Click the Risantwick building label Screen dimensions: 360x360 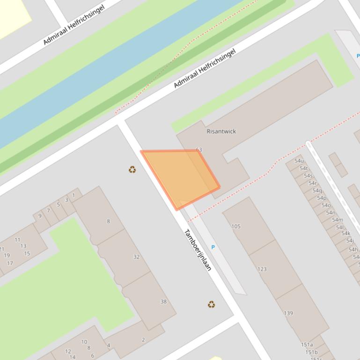tap(221, 131)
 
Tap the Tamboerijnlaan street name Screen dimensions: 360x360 tap(198, 250)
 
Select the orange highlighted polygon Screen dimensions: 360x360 tap(180, 175)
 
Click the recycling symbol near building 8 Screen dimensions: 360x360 tap(132, 169)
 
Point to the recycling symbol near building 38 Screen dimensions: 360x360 tap(212, 304)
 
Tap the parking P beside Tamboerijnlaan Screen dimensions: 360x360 tap(213, 247)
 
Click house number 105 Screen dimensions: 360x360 tap(236, 226)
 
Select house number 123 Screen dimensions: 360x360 tap(262, 269)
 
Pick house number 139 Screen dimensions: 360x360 tap(288, 313)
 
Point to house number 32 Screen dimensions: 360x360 tap(136, 257)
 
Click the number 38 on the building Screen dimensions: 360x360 tap(163, 302)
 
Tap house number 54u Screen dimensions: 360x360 tap(299, 161)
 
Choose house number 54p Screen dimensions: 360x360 tap(321, 198)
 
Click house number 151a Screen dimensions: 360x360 tap(307, 345)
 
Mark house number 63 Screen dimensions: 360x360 tap(199, 150)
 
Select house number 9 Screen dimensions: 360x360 tap(40, 216)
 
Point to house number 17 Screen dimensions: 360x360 tap(10, 263)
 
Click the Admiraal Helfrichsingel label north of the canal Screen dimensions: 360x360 tap(73, 25)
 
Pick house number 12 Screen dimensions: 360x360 tap(68, 351)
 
